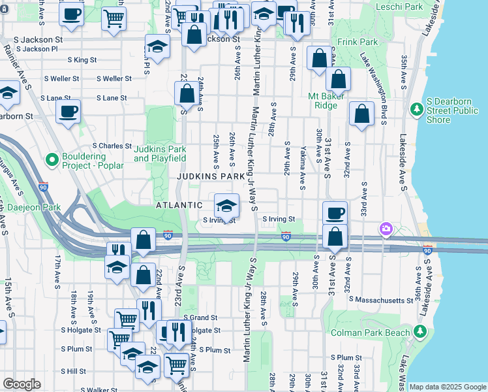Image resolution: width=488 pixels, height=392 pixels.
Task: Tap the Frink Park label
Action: [358, 42]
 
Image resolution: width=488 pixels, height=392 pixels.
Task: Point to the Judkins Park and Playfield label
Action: [160, 154]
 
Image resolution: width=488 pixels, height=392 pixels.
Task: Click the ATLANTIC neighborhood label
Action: [179, 205]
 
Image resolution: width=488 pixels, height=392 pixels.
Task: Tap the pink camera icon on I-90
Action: [386, 228]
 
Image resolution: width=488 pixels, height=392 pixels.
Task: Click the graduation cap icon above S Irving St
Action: [226, 205]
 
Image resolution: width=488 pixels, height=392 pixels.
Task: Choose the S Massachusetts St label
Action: [381, 299]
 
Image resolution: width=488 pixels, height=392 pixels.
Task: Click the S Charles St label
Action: [112, 146]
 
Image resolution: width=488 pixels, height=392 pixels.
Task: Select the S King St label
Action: [82, 59]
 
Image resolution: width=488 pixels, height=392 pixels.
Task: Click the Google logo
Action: [22, 384]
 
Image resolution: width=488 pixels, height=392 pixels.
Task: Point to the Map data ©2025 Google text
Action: [447, 387]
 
